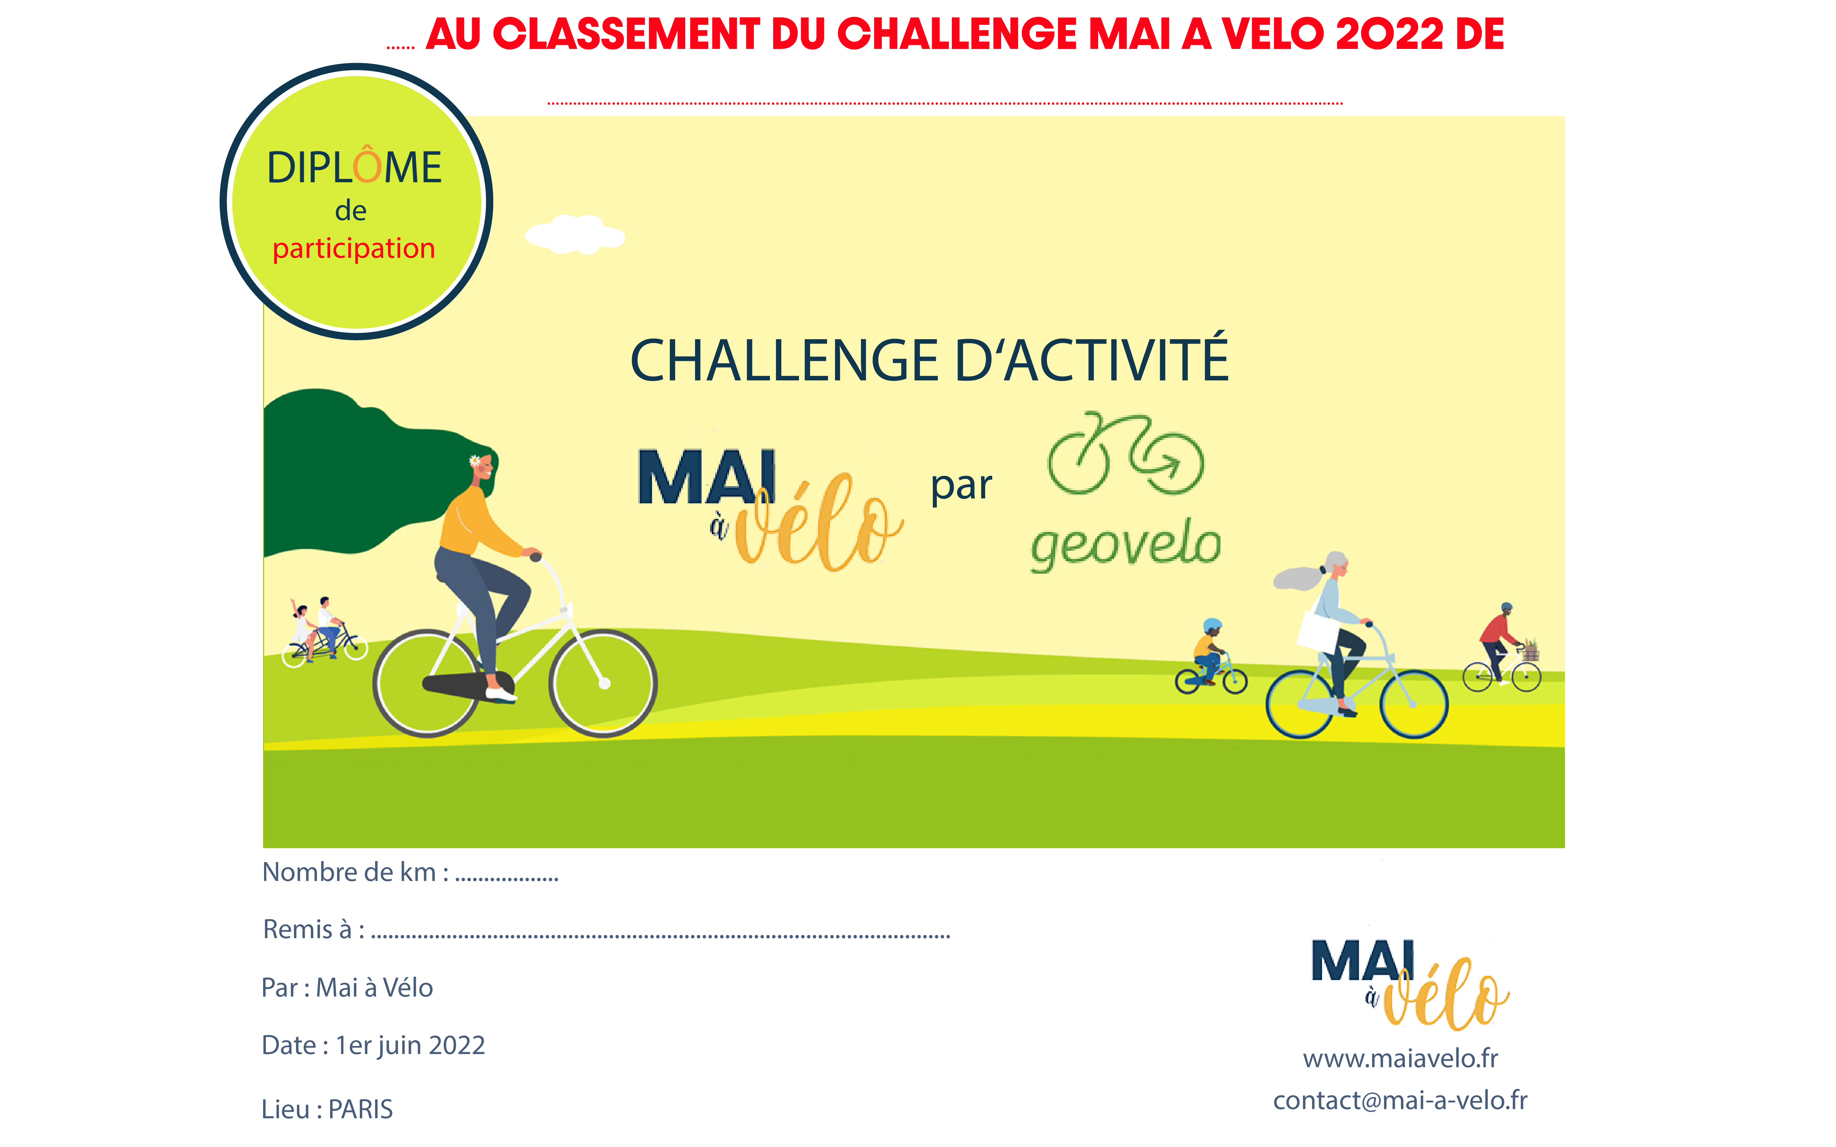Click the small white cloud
[x=575, y=235]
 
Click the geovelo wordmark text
[x=1125, y=545]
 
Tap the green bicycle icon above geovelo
[x=1126, y=454]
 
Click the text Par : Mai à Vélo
[x=347, y=988]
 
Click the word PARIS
[x=360, y=1109]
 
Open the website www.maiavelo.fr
[x=1400, y=1058]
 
